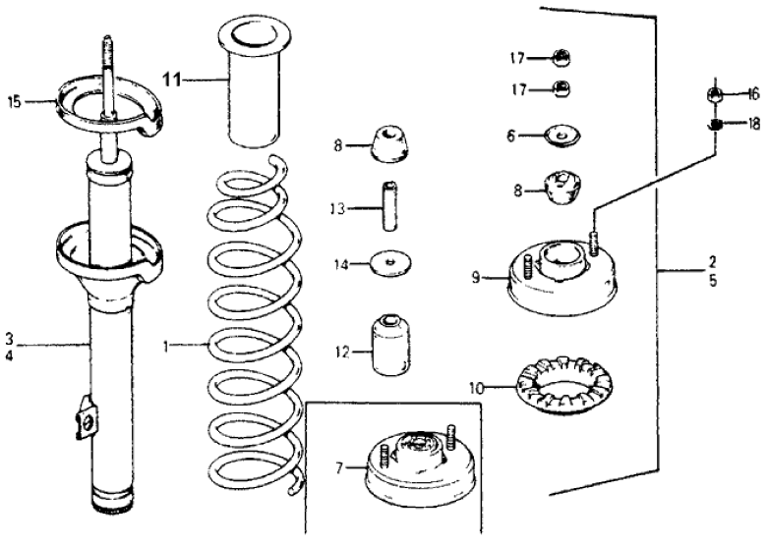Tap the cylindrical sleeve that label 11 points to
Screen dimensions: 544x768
tap(253, 93)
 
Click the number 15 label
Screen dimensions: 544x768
tap(14, 99)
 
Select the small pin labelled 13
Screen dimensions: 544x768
tap(388, 209)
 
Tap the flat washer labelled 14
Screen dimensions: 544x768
tap(392, 263)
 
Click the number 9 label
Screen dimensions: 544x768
tap(475, 278)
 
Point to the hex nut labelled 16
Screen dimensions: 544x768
tap(717, 95)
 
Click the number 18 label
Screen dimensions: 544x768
tap(754, 125)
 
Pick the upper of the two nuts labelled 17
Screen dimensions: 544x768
tap(564, 55)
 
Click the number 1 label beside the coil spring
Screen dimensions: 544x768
tap(168, 347)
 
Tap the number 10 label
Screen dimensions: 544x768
tap(477, 389)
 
